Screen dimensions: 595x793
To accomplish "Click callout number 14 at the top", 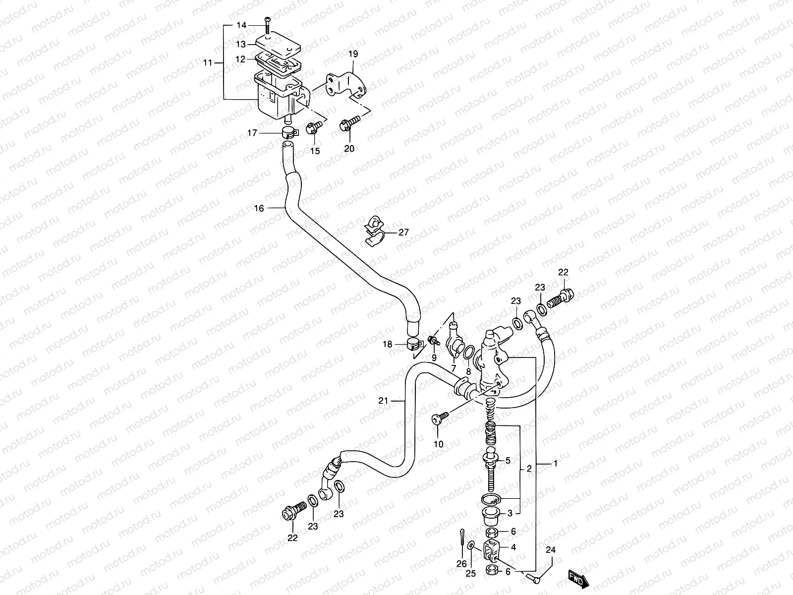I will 241,25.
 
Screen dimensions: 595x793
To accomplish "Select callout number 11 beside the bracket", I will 208,62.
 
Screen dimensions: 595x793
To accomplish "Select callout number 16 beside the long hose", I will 259,208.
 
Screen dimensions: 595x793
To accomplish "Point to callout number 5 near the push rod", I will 508,461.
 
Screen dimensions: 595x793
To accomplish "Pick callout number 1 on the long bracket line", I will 556,464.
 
